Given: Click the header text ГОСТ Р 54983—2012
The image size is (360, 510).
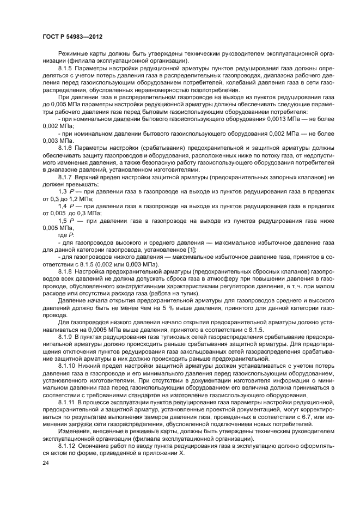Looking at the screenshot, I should click(x=72, y=37).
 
